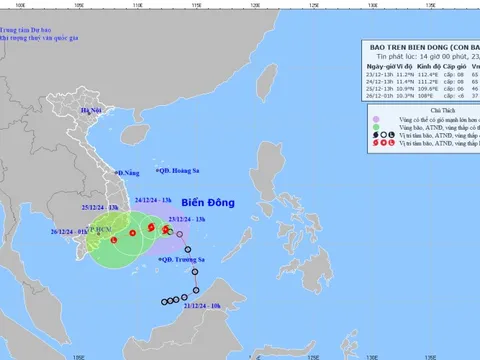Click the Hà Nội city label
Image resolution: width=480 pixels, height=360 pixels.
click(x=92, y=109)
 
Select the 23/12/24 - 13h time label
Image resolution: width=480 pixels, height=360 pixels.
click(x=187, y=218)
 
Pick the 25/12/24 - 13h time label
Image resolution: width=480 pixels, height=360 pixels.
click(x=102, y=208)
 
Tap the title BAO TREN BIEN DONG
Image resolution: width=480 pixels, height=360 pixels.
click(x=406, y=46)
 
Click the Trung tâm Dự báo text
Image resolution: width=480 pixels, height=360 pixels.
click(x=28, y=13)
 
